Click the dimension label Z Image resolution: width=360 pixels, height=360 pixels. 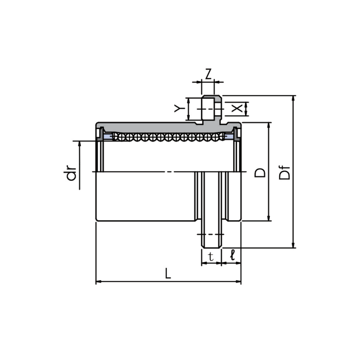tap(208, 74)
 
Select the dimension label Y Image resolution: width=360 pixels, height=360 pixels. tap(179, 108)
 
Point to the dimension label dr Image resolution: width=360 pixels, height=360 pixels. tap(71, 174)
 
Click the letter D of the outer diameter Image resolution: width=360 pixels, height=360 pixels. tap(260, 173)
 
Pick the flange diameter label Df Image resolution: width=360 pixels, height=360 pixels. tap(285, 173)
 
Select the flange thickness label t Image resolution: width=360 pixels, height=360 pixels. tap(211, 256)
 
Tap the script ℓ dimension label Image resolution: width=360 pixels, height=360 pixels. tap(233, 255)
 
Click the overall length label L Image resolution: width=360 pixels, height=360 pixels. tap(168, 274)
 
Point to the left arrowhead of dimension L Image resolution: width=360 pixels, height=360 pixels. tap(99, 282)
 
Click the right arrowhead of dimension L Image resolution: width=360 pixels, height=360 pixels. tap(238, 282)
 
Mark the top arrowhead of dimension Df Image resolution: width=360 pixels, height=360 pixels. tap(293, 99)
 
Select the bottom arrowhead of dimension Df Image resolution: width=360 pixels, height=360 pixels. tap(293, 245)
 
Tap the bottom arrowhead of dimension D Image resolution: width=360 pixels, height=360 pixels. tap(269, 218)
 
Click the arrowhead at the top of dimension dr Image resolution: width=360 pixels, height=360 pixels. tap(80, 144)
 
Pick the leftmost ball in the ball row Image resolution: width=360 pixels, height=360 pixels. tap(116, 137)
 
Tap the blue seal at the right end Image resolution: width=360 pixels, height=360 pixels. tap(229, 137)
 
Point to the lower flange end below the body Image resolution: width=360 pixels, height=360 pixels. tap(211, 234)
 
